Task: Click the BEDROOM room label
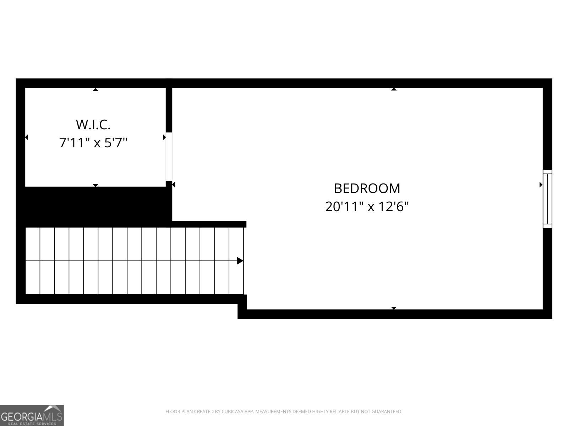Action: [x=367, y=188]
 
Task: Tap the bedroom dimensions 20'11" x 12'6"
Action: [x=367, y=207]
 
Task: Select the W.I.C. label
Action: [x=93, y=125]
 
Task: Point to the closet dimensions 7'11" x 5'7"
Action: [x=93, y=143]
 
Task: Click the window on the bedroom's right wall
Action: [x=547, y=199]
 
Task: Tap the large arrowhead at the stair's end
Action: [x=240, y=261]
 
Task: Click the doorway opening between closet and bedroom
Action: [x=169, y=157]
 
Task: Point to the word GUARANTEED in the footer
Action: [x=387, y=411]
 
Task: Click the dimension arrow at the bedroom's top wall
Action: [x=394, y=89]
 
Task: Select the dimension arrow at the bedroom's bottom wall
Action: [x=394, y=308]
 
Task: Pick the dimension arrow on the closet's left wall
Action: [x=26, y=137]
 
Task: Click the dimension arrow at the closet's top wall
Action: [x=95, y=90]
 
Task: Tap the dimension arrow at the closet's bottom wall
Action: [x=95, y=185]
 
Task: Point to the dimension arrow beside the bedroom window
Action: [x=541, y=185]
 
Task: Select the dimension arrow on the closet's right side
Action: [x=164, y=137]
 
